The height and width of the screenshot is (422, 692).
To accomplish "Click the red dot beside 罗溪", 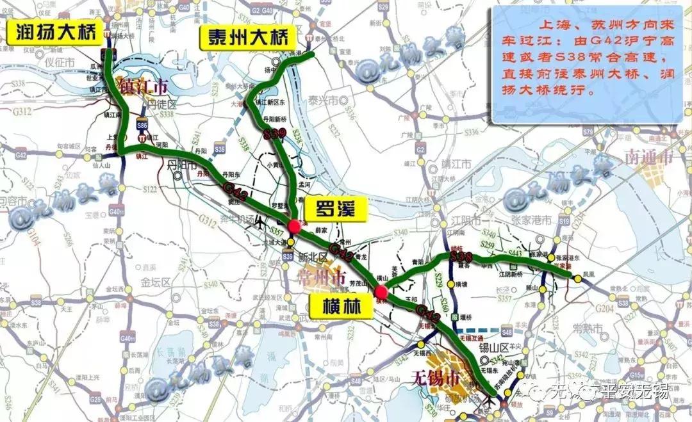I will [x=295, y=225].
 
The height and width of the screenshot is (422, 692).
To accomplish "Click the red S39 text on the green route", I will [x=274, y=133].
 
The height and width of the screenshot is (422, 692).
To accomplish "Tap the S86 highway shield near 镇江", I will [x=142, y=126].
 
